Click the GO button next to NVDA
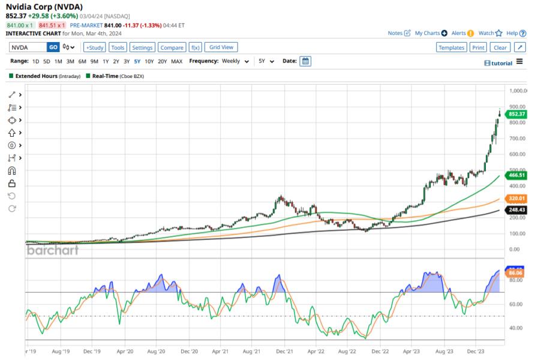coord(53,47)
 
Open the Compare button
coord(172,47)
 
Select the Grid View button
coord(221,47)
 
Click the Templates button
coord(451,47)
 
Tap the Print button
coord(477,47)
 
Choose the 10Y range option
coord(149,61)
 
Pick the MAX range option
coord(176,61)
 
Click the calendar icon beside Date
coord(305,61)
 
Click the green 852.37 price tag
coord(516,114)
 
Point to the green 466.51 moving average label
coord(516,175)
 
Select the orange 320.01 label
coord(516,198)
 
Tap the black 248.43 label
coord(516,210)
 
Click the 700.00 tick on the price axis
coord(518,138)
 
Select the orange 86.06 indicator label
coord(516,272)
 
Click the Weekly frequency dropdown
coord(236,61)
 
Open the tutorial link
coord(498,63)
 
